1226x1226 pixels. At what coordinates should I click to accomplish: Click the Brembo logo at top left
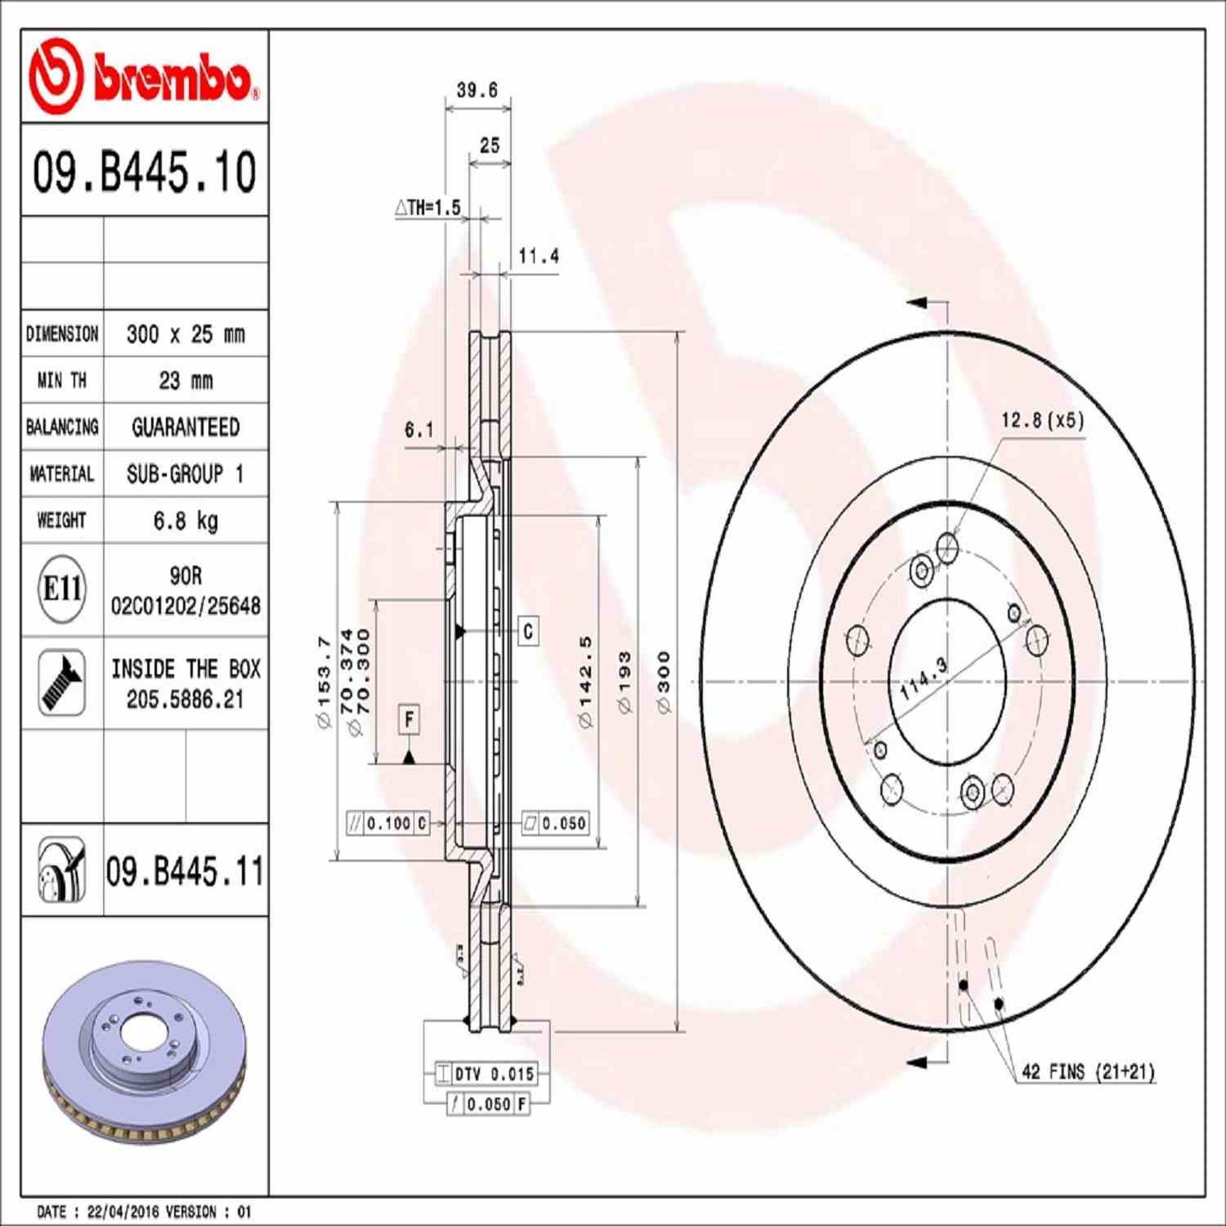tap(144, 76)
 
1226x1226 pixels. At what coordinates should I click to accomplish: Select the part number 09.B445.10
tap(144, 172)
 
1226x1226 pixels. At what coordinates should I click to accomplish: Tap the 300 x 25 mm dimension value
tap(186, 334)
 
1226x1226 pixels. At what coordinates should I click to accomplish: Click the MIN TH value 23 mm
tap(186, 381)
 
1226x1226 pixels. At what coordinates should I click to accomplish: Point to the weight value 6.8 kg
tap(186, 521)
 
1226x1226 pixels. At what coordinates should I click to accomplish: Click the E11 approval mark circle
tap(62, 588)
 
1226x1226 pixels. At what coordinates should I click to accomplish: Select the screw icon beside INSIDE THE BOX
tap(62, 683)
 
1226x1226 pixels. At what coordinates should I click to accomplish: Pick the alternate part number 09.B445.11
tap(185, 871)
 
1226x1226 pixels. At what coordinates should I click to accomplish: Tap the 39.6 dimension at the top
tap(477, 90)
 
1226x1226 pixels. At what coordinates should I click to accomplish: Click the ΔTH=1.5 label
tap(427, 208)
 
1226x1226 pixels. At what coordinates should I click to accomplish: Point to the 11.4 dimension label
tap(539, 257)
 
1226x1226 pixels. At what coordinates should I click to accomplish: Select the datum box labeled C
tap(528, 631)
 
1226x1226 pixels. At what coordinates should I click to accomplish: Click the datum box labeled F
tap(409, 719)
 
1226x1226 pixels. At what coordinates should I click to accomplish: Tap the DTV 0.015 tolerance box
tap(486, 1074)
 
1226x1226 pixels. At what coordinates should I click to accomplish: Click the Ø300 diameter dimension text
tap(664, 682)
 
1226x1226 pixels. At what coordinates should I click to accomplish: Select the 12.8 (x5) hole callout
tap(1042, 421)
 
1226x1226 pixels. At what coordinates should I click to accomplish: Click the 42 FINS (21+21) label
tap(1088, 1072)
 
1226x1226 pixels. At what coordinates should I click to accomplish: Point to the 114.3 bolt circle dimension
tap(924, 678)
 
